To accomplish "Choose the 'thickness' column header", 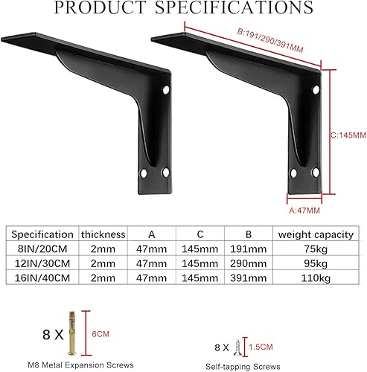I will click(x=103, y=234).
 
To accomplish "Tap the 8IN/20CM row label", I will click(x=43, y=248).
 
